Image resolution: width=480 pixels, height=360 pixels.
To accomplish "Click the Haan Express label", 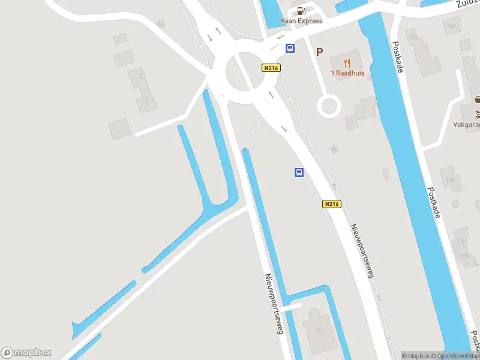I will [x=301, y=21].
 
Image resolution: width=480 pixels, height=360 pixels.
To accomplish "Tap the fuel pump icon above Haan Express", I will [x=301, y=10].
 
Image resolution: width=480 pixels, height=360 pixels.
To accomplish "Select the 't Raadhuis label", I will [x=347, y=73].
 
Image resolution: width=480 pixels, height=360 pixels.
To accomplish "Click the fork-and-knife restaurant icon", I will [x=347, y=62].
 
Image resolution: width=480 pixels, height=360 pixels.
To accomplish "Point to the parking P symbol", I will [x=319, y=52].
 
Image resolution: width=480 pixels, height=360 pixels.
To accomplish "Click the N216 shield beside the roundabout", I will [x=271, y=68].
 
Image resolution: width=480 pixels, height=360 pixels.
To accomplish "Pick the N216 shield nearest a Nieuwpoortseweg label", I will [x=331, y=204].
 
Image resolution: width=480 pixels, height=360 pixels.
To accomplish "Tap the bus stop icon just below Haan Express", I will [x=290, y=49].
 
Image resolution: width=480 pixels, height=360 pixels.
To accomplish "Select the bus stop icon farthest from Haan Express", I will [x=299, y=173].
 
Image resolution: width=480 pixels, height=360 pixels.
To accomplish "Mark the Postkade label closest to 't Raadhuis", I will [x=397, y=57].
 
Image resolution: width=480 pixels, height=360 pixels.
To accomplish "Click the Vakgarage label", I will [x=467, y=125].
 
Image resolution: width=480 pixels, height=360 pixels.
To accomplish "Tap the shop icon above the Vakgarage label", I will [x=478, y=100].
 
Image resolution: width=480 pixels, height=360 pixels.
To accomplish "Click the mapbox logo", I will [x=26, y=353].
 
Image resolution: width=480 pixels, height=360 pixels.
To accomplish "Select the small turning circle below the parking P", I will [x=329, y=107].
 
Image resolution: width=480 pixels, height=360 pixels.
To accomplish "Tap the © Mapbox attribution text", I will [x=419, y=356].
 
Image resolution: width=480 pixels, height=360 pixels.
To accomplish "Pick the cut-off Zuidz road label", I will [x=467, y=4].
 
